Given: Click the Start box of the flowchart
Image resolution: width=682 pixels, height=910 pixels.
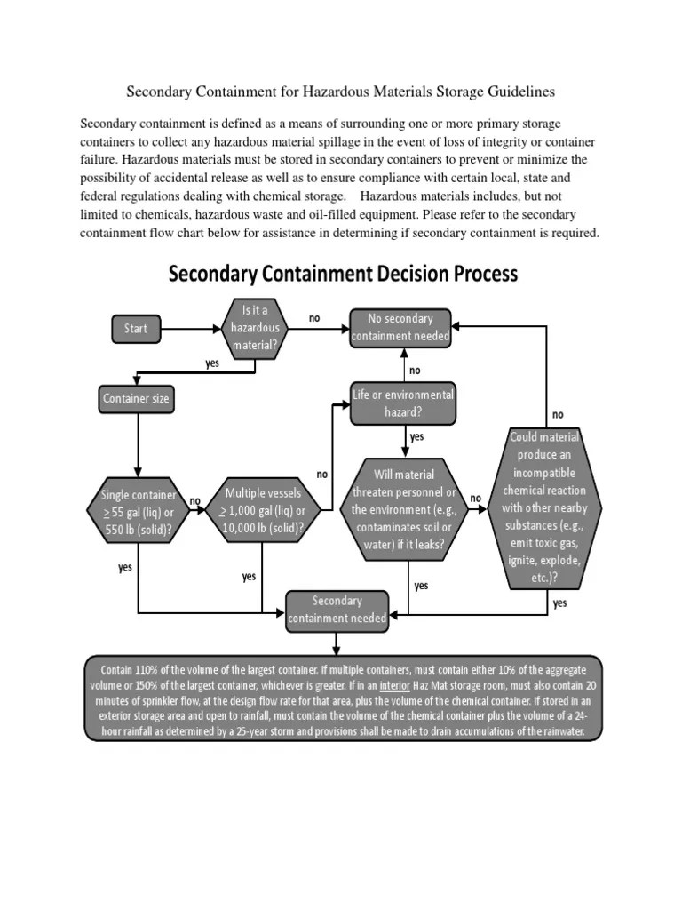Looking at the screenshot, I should [x=136, y=329].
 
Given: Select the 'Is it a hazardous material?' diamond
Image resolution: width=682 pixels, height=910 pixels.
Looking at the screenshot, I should [x=255, y=329].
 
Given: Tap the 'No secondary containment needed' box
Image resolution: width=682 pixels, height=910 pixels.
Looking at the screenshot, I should [x=400, y=327].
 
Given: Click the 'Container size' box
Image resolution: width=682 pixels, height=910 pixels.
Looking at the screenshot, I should [x=136, y=399].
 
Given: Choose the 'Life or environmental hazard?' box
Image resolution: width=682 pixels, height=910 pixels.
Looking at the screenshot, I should [x=402, y=403].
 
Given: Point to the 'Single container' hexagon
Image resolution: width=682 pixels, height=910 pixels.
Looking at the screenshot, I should [x=138, y=512].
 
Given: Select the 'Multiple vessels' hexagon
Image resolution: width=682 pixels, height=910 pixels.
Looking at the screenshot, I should [x=264, y=512].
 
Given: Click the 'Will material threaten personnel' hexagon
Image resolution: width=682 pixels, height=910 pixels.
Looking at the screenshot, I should [x=403, y=512].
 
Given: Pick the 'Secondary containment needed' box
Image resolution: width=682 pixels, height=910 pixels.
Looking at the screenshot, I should [x=337, y=610].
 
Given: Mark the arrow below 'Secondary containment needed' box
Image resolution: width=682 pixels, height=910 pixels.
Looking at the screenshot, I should [x=337, y=643].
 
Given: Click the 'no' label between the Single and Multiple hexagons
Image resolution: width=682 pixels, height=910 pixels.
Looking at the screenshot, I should [x=195, y=501].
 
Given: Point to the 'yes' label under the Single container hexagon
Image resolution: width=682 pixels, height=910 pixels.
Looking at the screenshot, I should [x=125, y=566].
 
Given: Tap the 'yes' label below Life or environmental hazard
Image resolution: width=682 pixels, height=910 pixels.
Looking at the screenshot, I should [x=416, y=436].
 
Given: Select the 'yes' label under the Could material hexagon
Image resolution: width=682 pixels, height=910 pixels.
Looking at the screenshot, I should [x=559, y=603].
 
